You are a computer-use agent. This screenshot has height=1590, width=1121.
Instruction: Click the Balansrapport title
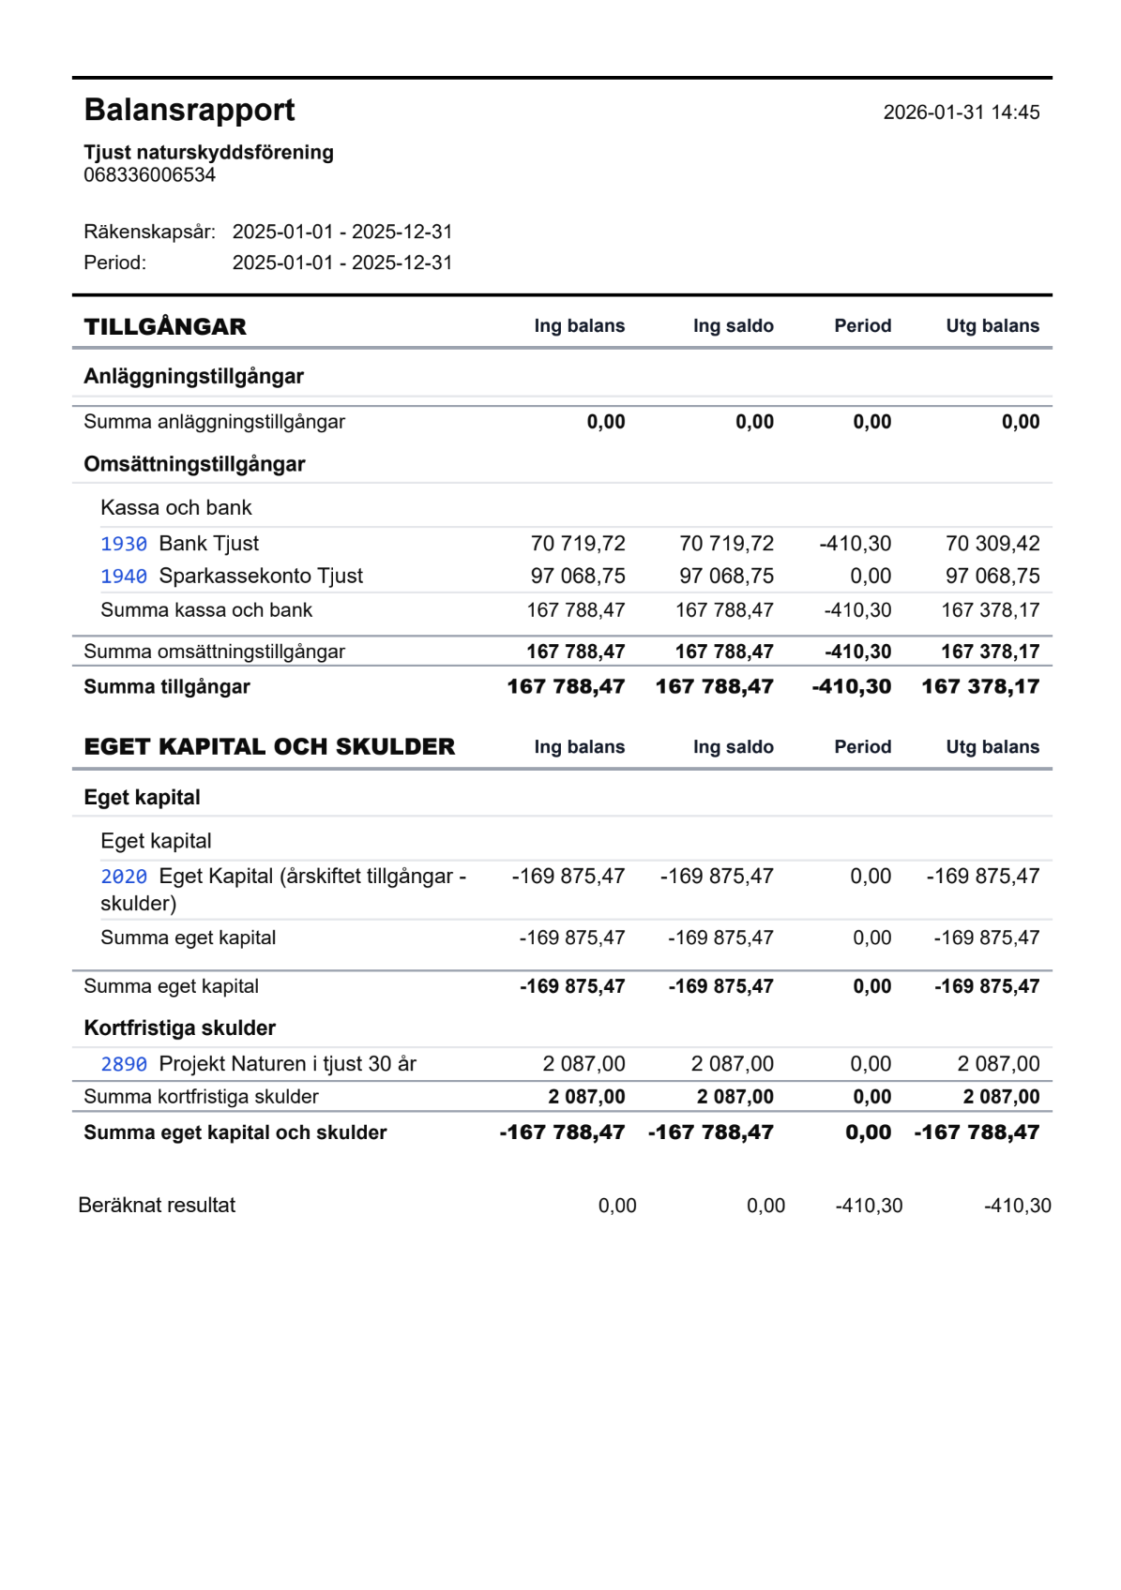[189, 111]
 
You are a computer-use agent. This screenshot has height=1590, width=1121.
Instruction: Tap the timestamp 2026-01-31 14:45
[961, 112]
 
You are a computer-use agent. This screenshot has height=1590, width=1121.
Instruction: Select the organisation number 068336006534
[149, 175]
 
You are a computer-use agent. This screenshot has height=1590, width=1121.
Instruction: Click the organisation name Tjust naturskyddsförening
[208, 152]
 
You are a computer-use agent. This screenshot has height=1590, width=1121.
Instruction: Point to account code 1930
[124, 545]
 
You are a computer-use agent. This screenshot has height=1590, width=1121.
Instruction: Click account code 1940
[124, 577]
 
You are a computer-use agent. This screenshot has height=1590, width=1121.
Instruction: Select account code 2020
[124, 877]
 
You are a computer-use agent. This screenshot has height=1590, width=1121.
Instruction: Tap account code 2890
[124, 1065]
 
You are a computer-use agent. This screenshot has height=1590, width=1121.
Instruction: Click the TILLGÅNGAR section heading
[165, 327]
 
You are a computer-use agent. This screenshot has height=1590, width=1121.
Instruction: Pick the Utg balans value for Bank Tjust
[992, 544]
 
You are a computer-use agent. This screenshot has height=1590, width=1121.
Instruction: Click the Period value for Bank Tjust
[855, 544]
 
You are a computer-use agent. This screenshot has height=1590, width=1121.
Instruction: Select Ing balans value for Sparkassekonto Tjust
[577, 577]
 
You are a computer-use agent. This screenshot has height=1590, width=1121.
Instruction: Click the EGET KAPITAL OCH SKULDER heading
[269, 747]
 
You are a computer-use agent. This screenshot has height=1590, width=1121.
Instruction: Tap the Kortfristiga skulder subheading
[179, 1028]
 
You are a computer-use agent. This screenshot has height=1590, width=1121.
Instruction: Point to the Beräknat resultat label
[157, 1206]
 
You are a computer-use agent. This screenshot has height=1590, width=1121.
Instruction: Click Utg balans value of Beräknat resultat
[1017, 1207]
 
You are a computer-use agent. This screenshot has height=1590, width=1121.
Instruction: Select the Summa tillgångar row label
[167, 687]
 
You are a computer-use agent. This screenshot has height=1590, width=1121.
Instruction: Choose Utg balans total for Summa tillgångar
[980, 687]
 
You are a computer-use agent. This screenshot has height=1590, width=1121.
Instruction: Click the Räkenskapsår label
[149, 232]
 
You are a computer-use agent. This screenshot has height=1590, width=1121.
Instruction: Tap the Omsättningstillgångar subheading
[194, 465]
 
